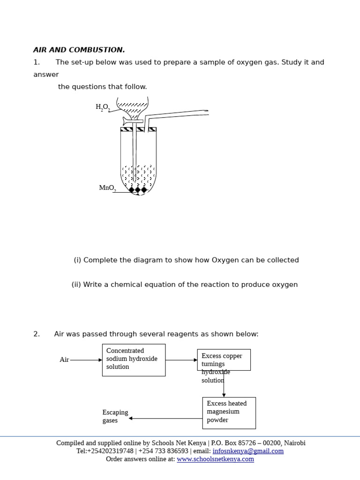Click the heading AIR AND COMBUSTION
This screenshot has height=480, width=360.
point(79,50)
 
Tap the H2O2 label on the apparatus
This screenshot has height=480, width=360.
point(103,107)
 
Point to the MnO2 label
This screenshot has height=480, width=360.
point(107,188)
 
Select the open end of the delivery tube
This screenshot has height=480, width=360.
point(206,112)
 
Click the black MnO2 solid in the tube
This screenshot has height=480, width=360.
point(138,190)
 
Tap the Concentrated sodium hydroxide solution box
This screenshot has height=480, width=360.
point(134,360)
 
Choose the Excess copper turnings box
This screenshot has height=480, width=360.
point(224,360)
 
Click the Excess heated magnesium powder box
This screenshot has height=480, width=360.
point(229,412)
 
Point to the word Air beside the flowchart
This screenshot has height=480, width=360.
point(64,360)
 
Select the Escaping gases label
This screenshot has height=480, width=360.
point(115,416)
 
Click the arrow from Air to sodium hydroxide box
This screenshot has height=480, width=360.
point(86,360)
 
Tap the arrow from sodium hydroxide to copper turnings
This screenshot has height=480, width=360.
point(181,360)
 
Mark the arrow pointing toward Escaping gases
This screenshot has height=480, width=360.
point(165,418)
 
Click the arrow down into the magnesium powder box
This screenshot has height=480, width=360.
point(224,384)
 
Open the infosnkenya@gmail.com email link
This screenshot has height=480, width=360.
point(248,451)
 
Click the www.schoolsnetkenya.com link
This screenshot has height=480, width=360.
point(215,459)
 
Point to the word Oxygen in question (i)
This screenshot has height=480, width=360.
point(225,260)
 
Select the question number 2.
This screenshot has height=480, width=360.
point(37,334)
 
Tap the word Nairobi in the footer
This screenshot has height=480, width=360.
point(294,443)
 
